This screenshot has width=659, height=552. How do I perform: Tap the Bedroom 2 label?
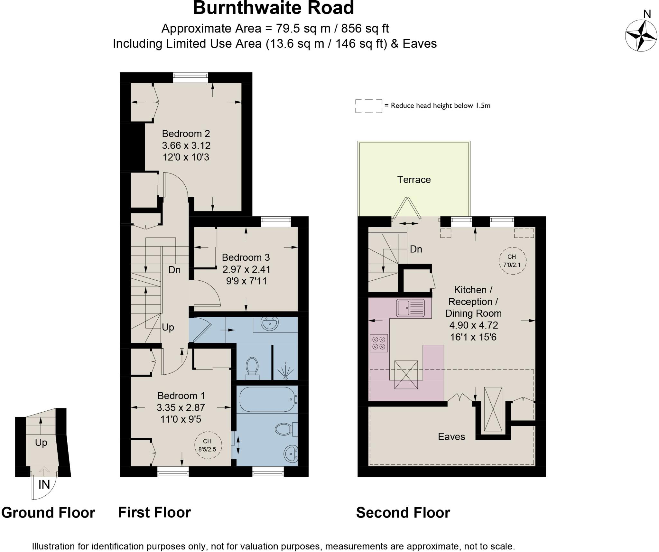click(186, 133)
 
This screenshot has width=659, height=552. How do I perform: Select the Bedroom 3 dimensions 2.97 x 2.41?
click(246, 269)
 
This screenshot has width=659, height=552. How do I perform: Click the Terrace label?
click(413, 180)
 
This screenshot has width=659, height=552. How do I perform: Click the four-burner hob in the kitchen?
click(379, 343)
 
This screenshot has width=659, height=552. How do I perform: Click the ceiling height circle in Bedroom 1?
click(208, 445)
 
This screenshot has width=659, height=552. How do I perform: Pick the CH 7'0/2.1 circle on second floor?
click(512, 261)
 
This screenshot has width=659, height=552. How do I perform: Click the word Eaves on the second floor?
click(451, 437)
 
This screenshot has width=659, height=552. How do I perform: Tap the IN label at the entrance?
click(44, 484)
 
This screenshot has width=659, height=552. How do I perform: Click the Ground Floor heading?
click(48, 513)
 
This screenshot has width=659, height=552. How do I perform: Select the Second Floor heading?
click(403, 513)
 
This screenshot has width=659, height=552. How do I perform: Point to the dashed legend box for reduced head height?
click(368, 106)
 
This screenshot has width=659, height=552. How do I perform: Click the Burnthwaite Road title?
click(273, 8)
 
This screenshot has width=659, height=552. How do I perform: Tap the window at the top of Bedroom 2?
click(190, 77)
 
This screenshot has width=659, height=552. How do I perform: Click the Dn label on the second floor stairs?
click(416, 249)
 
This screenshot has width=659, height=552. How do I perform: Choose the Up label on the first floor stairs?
click(168, 327)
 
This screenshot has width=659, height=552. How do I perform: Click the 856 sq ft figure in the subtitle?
click(365, 29)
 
